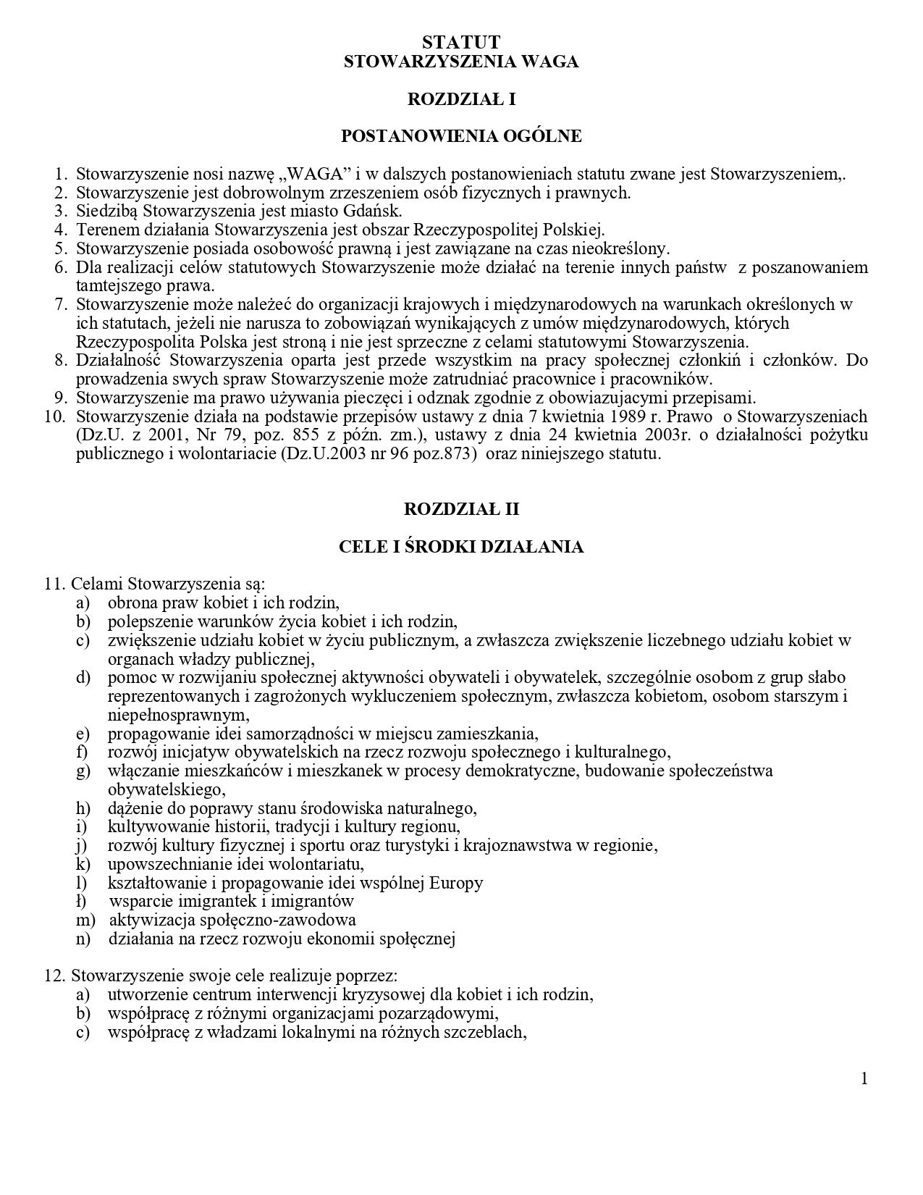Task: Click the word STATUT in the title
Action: click(461, 43)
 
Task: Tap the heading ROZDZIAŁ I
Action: click(461, 99)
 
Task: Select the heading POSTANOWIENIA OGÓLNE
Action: click(461, 136)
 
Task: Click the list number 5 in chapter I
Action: click(60, 249)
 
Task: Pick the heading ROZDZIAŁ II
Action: click(461, 509)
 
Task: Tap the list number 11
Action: click(54, 584)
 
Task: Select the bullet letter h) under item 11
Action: click(83, 808)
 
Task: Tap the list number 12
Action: click(54, 976)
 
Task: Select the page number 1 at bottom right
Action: click(864, 1080)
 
